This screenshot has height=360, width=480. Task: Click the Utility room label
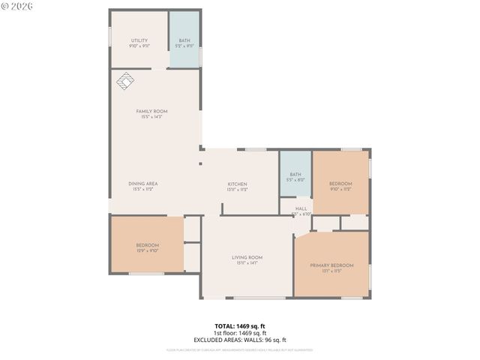[x=139, y=40]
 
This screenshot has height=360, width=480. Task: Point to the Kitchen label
[x=238, y=184]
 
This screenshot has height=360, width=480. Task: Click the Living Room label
[x=247, y=257]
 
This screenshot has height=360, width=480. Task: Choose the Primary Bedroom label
[x=331, y=265]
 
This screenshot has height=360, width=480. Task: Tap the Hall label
[x=301, y=209]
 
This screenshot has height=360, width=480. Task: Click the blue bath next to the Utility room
[x=184, y=41]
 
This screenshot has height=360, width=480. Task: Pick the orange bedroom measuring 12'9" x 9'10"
[x=147, y=245]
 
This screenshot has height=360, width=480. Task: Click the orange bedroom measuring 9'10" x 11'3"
[x=340, y=184]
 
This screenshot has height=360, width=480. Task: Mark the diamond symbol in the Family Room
[x=124, y=79]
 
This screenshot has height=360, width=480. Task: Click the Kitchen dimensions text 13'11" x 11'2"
[x=238, y=190]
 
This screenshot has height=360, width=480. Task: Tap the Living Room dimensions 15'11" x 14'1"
[x=247, y=263]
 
